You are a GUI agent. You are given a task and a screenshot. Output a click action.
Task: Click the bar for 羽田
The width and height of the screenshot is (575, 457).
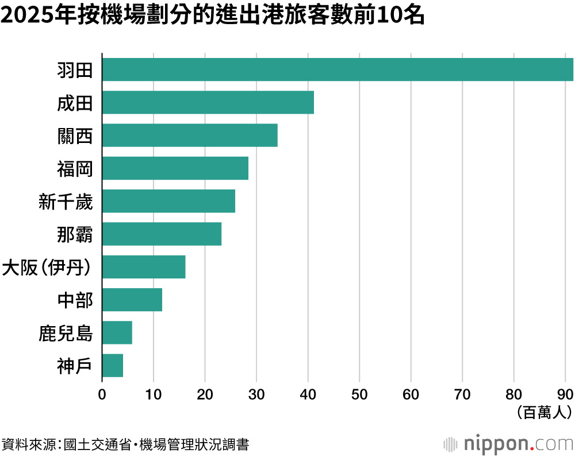click(x=338, y=69)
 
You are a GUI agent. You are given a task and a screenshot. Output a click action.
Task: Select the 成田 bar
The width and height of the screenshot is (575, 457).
click(x=208, y=103)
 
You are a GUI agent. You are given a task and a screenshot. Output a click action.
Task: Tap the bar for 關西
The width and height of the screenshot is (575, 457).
click(x=190, y=135)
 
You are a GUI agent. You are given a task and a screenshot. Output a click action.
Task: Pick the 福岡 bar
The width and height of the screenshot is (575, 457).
click(x=175, y=168)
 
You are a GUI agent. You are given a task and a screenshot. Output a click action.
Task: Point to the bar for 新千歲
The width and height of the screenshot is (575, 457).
click(x=168, y=201)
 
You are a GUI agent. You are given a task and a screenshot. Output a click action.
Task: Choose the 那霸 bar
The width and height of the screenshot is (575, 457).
click(x=162, y=234)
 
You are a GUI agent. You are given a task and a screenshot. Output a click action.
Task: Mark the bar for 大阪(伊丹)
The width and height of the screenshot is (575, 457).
click(x=144, y=267)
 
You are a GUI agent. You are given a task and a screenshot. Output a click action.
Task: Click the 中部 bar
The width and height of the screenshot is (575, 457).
click(x=132, y=300)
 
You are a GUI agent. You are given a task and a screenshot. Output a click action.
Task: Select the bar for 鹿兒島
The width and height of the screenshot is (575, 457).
click(x=117, y=333)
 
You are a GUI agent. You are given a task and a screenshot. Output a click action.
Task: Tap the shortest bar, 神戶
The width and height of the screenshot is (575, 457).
click(x=113, y=366)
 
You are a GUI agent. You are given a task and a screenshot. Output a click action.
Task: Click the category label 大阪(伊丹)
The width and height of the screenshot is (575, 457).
click(x=47, y=268)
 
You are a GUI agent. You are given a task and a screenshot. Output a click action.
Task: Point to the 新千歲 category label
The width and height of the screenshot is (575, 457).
click(x=66, y=202)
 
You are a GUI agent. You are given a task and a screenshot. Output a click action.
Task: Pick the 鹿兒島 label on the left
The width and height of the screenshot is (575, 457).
click(x=66, y=334)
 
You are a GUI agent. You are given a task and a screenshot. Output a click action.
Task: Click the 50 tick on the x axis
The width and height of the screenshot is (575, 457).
click(x=359, y=395)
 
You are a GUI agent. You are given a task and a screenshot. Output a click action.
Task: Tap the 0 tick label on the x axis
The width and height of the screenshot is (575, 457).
click(x=102, y=395)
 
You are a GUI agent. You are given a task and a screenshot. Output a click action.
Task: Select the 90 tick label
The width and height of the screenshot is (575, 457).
click(x=565, y=395)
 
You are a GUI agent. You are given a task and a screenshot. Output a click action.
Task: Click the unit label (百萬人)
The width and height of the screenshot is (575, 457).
click(x=544, y=413)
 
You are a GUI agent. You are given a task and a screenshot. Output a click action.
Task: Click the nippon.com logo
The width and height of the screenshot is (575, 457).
click(x=508, y=444)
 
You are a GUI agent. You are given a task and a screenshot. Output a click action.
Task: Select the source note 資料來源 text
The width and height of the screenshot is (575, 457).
click(x=29, y=444)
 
